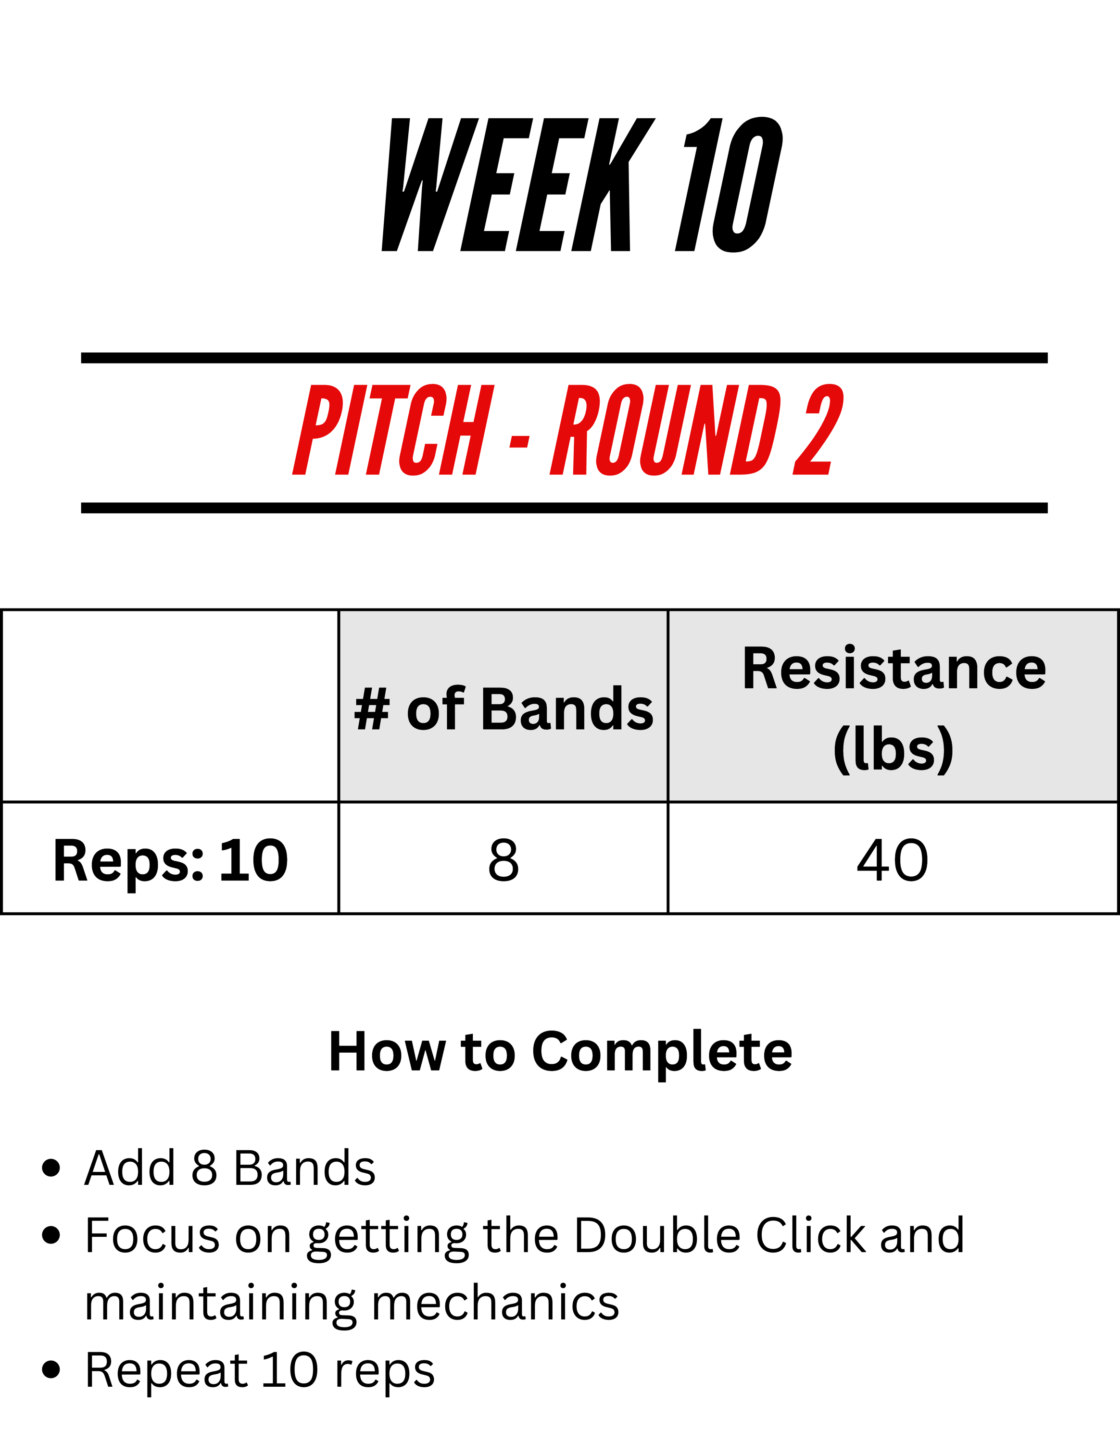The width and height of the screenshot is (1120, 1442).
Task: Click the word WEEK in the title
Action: pos(518,185)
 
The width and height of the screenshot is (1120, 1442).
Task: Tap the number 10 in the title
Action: pos(729,185)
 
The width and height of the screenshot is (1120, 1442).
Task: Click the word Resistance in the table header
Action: pos(894,668)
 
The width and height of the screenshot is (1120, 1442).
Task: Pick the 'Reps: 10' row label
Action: pos(170,860)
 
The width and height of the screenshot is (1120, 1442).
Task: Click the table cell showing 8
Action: pos(503,859)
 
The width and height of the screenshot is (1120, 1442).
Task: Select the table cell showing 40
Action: pos(893,859)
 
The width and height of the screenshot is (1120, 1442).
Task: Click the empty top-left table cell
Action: pos(170,706)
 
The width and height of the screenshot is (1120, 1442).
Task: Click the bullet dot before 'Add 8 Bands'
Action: pos(51,1168)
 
